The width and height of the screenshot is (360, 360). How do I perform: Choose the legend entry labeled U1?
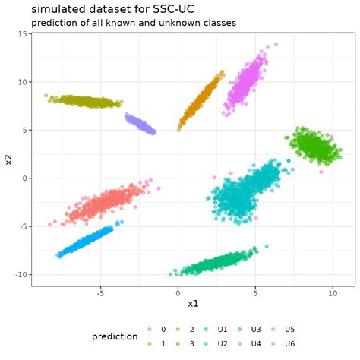(223, 330)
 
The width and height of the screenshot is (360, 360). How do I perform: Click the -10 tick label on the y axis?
(21, 274)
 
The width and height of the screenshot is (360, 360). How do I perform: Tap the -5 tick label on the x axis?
(99, 293)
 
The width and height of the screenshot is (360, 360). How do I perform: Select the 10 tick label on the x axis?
(332, 293)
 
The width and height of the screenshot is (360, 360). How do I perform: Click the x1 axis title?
(193, 304)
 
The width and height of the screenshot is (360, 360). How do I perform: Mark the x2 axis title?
(8, 160)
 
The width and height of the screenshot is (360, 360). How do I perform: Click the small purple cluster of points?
(141, 123)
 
